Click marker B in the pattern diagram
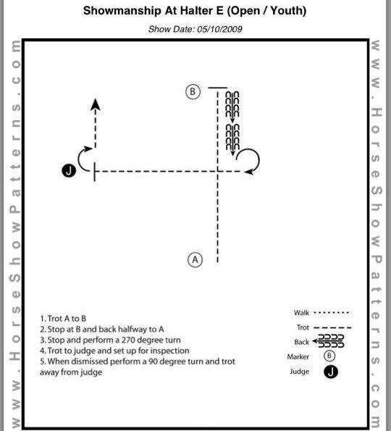[x=193, y=92]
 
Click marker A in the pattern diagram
[x=195, y=260]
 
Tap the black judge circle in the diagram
[x=69, y=171]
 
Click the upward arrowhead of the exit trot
[x=96, y=105]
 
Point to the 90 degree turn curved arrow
[x=79, y=159]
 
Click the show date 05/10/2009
[x=219, y=29]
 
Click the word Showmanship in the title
[x=122, y=11]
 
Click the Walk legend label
[x=301, y=313]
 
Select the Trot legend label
[x=303, y=327]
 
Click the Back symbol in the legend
[x=328, y=341]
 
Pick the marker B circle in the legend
[x=329, y=356]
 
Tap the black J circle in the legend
[x=331, y=372]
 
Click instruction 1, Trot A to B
[x=63, y=319]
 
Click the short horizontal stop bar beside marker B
[x=218, y=88]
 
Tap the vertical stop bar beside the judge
[x=95, y=172]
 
